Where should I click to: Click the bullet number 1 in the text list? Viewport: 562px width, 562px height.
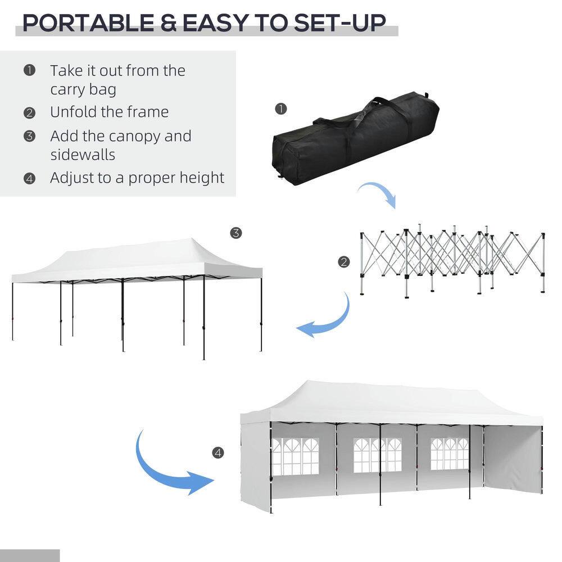coord(29,70)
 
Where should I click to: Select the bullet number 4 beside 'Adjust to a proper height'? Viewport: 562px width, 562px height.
coord(29,179)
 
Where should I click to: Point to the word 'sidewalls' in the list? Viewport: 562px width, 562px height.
coord(82,155)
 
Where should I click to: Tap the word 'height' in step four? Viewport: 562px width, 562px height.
coord(201,178)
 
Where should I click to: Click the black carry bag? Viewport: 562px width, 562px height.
coord(354,140)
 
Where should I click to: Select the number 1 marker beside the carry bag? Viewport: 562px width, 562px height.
coord(282,108)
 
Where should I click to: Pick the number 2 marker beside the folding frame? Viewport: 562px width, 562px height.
coord(344,261)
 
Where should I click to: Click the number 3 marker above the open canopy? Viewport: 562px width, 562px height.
coord(236,233)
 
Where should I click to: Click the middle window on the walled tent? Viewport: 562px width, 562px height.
coord(377,455)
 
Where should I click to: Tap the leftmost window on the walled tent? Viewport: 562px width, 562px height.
coord(294,455)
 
